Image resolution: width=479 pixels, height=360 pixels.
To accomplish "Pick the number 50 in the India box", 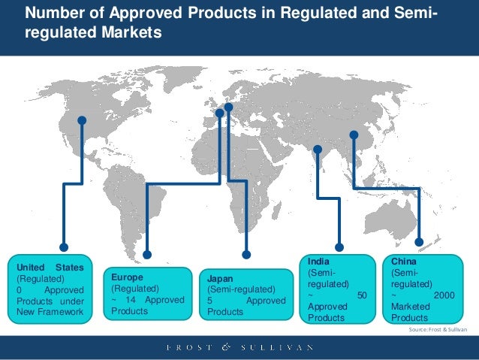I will coord(361,296).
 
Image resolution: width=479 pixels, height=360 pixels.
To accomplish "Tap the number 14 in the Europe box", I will coord(130,299).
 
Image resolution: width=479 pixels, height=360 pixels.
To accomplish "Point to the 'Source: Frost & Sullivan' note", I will coord(438,330).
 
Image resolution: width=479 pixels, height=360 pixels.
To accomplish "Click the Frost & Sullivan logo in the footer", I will coord(239,347).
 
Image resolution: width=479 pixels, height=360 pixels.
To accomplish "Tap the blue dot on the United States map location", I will coord(82,119).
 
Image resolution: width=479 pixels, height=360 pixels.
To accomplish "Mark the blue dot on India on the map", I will coord(316,150).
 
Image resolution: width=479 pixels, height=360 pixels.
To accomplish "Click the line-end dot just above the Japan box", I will coord(245,253).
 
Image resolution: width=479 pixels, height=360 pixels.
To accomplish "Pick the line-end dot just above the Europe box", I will coord(147,253).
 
